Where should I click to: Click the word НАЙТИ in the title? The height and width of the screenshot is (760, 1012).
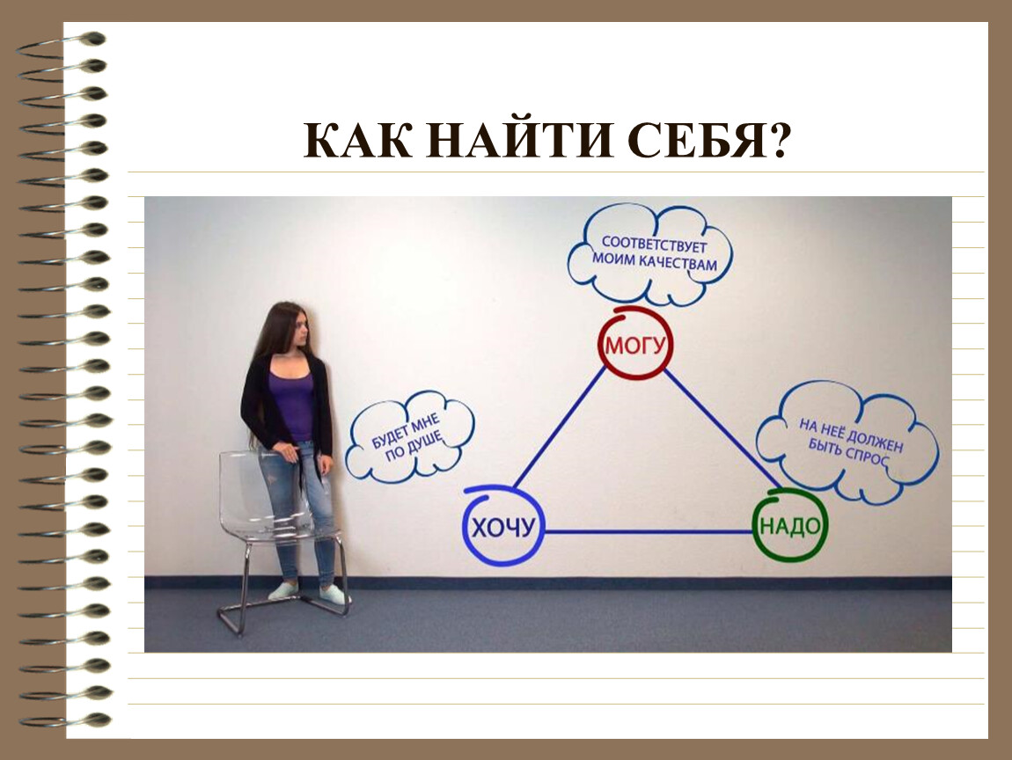pyautogui.click(x=519, y=140)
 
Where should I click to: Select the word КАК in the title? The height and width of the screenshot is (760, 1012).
pyautogui.click(x=357, y=140)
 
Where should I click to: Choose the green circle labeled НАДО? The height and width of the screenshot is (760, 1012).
pyautogui.click(x=755, y=526)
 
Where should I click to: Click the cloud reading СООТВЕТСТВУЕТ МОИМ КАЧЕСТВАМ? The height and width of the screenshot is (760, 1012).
pyautogui.click(x=650, y=253)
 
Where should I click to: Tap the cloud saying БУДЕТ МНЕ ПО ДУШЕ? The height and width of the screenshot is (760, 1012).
pyautogui.click(x=410, y=436)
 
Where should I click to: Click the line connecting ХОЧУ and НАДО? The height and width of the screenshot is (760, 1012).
pyautogui.click(x=649, y=532)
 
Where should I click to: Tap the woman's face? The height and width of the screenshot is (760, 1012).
pyautogui.click(x=302, y=330)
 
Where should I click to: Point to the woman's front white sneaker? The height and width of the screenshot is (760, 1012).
pyautogui.click(x=334, y=595)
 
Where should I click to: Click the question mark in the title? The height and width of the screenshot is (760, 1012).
pyautogui.click(x=778, y=140)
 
